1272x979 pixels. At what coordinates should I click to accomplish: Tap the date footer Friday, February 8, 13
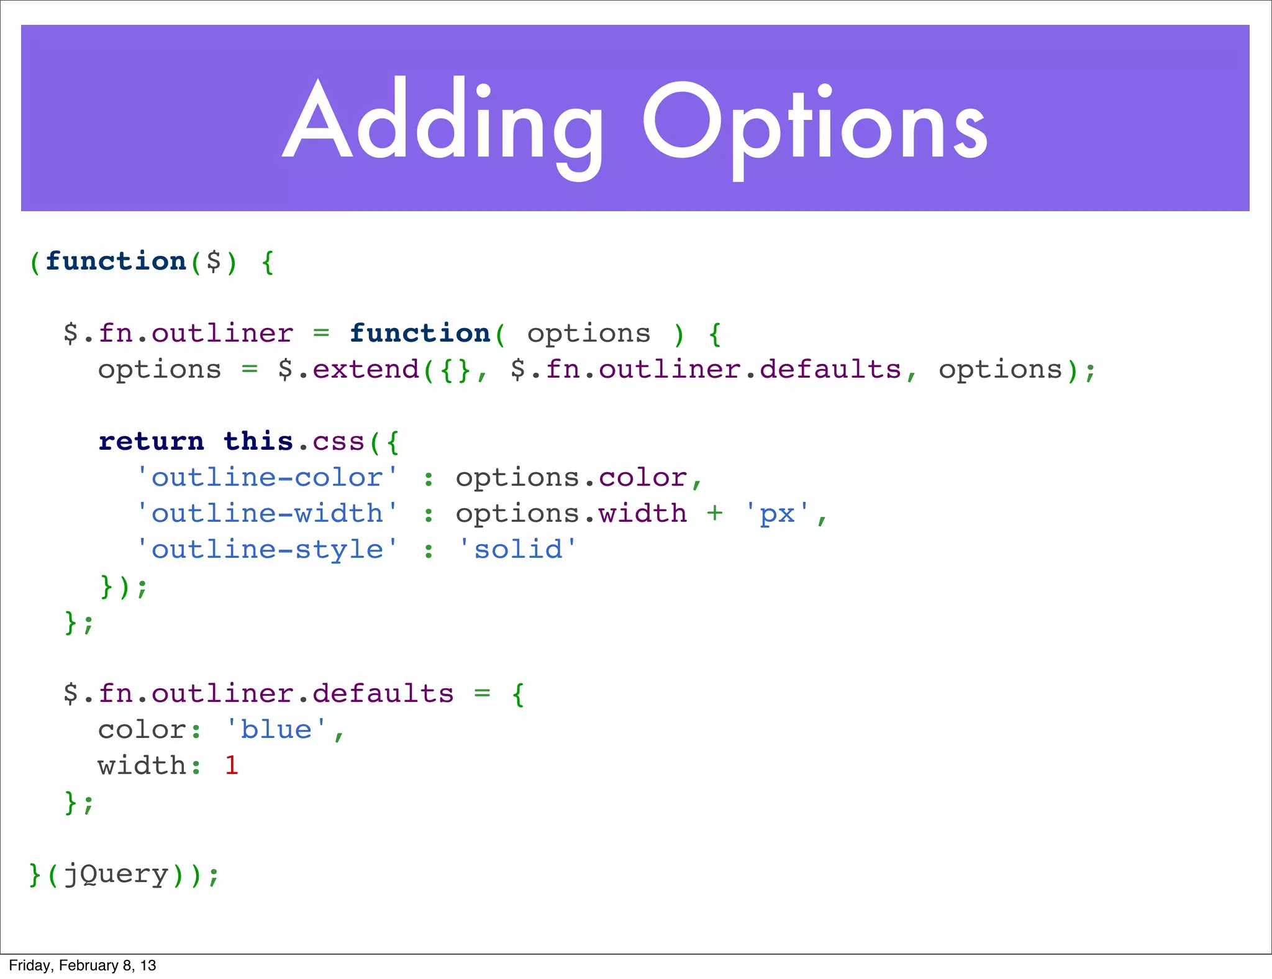point(82,965)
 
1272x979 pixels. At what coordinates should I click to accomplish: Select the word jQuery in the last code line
point(116,875)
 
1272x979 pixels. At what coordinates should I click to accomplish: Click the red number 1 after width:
point(232,766)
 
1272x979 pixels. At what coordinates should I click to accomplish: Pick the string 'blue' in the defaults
point(276,730)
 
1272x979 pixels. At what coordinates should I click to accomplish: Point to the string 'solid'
point(518,550)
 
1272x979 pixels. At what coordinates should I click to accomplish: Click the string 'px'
point(778,514)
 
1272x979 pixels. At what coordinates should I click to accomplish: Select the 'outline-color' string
point(267,478)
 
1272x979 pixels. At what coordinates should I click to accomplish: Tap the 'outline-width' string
point(267,514)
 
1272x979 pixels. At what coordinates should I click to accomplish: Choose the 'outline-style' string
point(267,550)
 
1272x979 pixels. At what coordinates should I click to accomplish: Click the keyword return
point(152,442)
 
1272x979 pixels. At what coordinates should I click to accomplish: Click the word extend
point(366,370)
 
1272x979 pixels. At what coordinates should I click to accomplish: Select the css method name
point(338,442)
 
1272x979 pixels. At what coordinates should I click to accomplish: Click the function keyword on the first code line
point(116,262)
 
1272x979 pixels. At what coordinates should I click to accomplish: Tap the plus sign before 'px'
point(715,514)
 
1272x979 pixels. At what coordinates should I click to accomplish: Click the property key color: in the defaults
point(149,730)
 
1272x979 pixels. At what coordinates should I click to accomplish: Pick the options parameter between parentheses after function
point(589,334)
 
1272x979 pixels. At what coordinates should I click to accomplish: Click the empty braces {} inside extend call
point(455,370)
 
